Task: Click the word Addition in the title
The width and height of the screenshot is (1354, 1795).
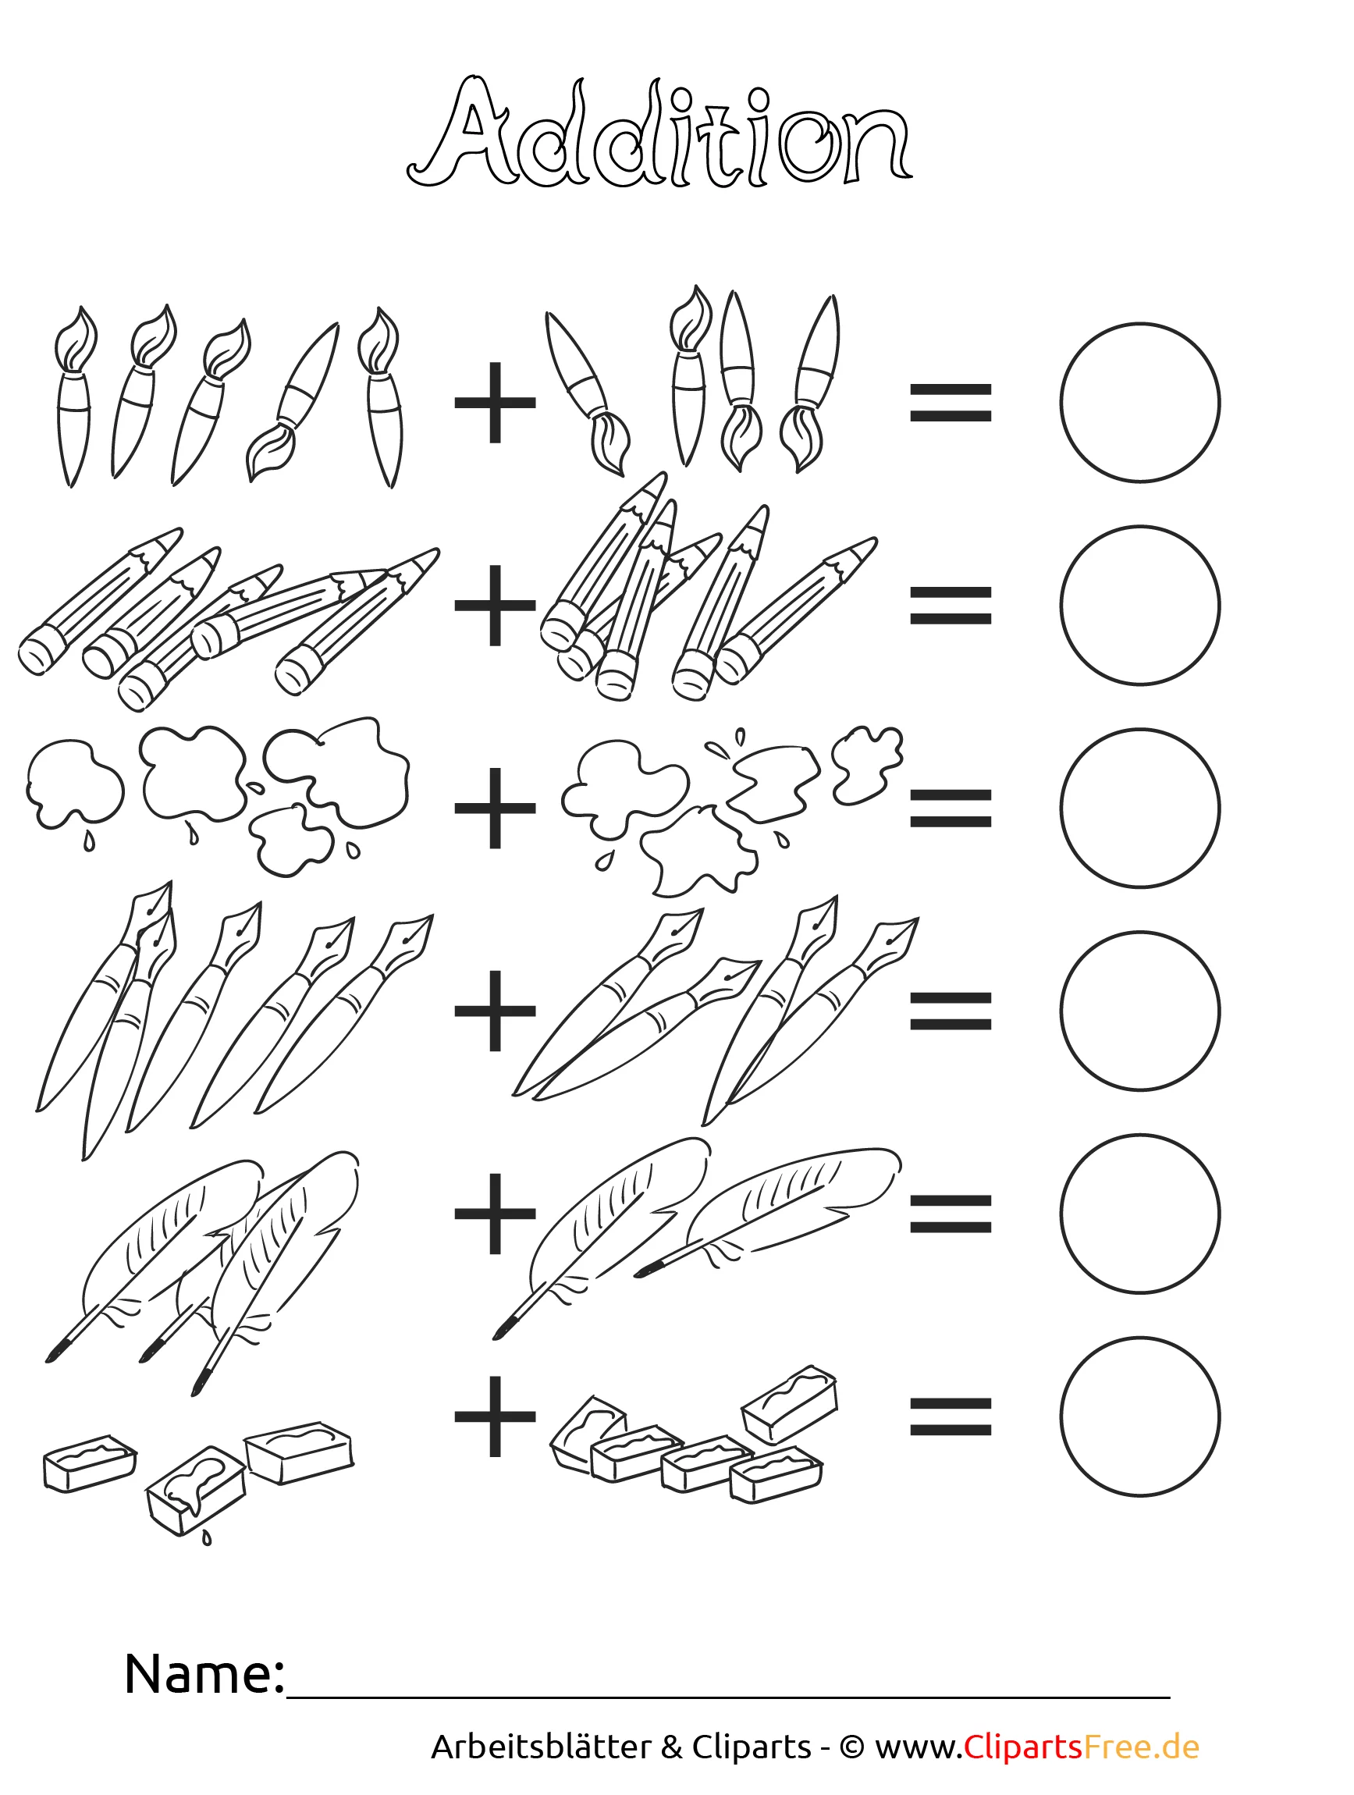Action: (x=659, y=132)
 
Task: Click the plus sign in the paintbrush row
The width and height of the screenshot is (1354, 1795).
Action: (x=495, y=403)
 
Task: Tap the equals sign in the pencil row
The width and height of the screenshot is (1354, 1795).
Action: (x=951, y=606)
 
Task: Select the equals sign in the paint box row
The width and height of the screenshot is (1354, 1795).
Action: (x=951, y=1416)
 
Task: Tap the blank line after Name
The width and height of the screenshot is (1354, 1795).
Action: (x=729, y=1695)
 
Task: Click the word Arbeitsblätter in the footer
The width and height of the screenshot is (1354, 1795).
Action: (x=541, y=1747)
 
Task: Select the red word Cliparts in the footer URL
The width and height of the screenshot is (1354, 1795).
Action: (x=1023, y=1747)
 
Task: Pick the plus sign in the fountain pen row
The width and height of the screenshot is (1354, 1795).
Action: (x=495, y=1011)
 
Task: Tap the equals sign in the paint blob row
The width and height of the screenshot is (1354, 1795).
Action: (x=951, y=809)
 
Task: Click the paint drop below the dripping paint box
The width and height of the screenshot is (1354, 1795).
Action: (x=207, y=1537)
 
